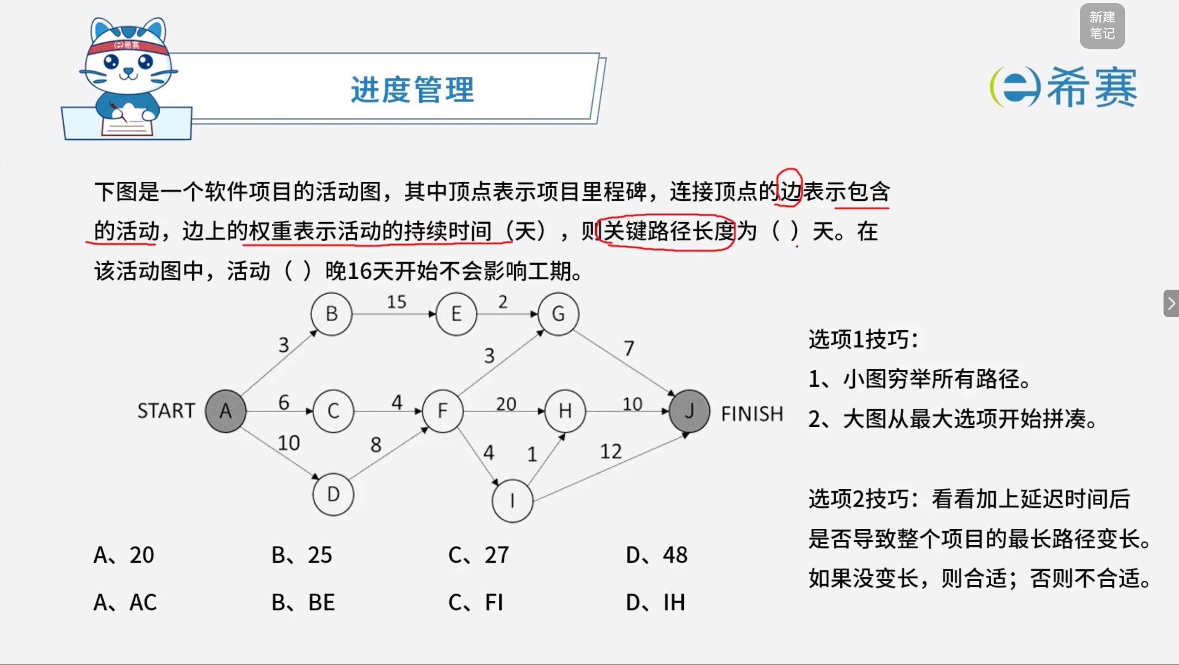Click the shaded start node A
pyautogui.click(x=226, y=411)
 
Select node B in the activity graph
pyautogui.click(x=331, y=314)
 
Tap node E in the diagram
pyautogui.click(x=456, y=314)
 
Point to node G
pyautogui.click(x=559, y=314)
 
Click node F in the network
pyautogui.click(x=442, y=411)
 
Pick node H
pyautogui.click(x=565, y=411)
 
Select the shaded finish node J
pyautogui.click(x=689, y=411)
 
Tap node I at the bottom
pyautogui.click(x=512, y=501)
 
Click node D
pyautogui.click(x=333, y=494)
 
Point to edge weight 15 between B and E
pyautogui.click(x=396, y=302)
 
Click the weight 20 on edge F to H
pyautogui.click(x=506, y=404)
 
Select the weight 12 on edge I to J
pyautogui.click(x=610, y=451)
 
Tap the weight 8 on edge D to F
pyautogui.click(x=376, y=444)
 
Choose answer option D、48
pyautogui.click(x=657, y=555)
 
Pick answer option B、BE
pyautogui.click(x=303, y=602)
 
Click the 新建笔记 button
pyautogui.click(x=1102, y=26)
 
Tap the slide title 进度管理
pyautogui.click(x=412, y=89)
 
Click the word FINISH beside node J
pyautogui.click(x=752, y=414)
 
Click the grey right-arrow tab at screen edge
pyautogui.click(x=1171, y=303)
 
